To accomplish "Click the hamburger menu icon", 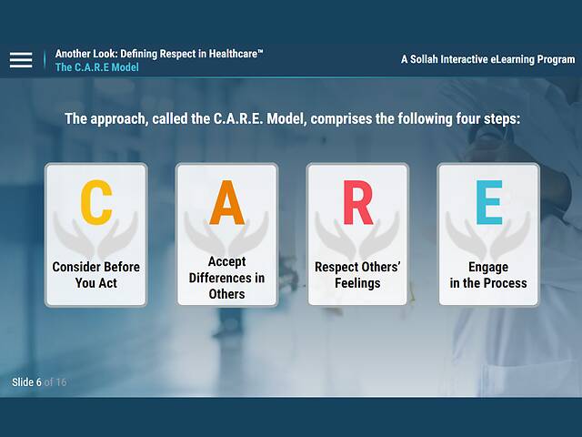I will pyautogui.click(x=21, y=60).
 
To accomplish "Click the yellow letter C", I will pyautogui.click(x=96, y=203).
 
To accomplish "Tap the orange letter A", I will pyautogui.click(x=226, y=203).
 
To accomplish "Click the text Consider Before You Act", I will pyautogui.click(x=96, y=275).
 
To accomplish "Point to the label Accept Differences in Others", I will pyautogui.click(x=226, y=278).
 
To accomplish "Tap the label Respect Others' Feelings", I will pyautogui.click(x=357, y=275).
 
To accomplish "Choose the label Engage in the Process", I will pyautogui.click(x=488, y=275).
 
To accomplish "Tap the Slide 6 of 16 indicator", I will pyautogui.click(x=39, y=382).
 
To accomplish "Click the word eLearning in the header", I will pyautogui.click(x=508, y=59).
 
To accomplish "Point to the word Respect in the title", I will pyautogui.click(x=159, y=54).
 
